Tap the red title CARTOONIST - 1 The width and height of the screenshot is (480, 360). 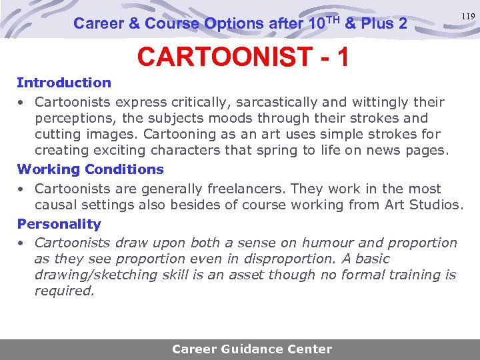pyautogui.click(x=243, y=57)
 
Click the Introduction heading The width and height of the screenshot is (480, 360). pyautogui.click(x=64, y=83)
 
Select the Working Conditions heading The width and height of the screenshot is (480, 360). pyautogui.click(x=90, y=169)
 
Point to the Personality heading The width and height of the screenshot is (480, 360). pyautogui.click(x=59, y=224)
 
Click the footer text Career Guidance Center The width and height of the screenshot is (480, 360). pyautogui.click(x=252, y=349)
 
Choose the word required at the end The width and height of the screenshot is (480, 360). pyautogui.click(x=65, y=291)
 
